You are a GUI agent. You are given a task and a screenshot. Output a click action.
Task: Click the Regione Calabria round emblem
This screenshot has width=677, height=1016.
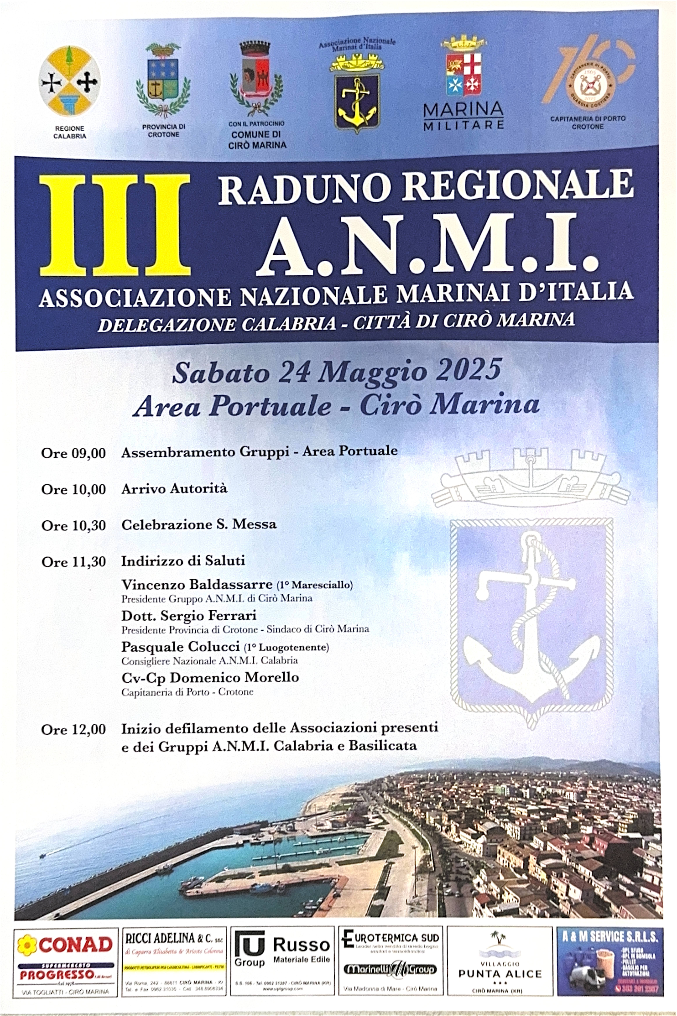[x=69, y=82]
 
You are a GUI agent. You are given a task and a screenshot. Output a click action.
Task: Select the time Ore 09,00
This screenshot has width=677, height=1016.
[x=73, y=453]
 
